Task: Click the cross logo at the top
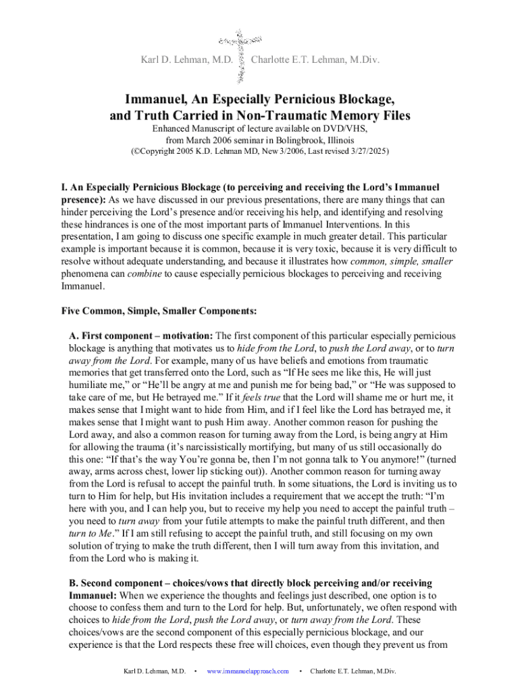coord(241,55)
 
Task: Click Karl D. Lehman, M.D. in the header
coord(186,61)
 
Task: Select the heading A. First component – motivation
coord(141,335)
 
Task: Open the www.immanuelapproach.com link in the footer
coord(248,671)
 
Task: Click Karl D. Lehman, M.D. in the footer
coord(154,671)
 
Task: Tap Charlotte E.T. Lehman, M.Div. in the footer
coord(353,671)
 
